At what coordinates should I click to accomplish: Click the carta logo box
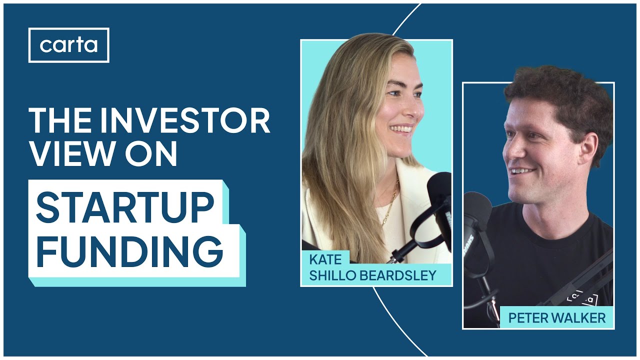(x=68, y=45)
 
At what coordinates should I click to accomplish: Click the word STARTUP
(x=125, y=207)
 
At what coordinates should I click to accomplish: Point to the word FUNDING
(x=129, y=252)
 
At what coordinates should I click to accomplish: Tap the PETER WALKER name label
(x=556, y=317)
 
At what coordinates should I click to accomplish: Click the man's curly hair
(x=555, y=92)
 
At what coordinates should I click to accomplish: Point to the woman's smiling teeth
(x=401, y=129)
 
